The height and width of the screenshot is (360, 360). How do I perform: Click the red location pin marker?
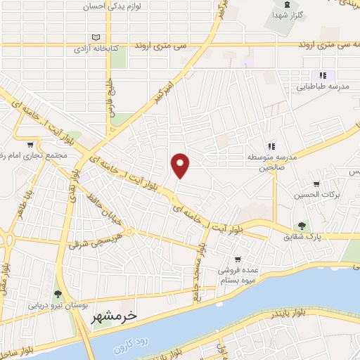(x=181, y=165)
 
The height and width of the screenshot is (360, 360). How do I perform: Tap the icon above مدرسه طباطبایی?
(x=323, y=75)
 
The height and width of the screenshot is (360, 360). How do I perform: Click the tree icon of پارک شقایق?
(x=302, y=226)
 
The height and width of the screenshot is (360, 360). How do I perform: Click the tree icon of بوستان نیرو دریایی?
(x=57, y=294)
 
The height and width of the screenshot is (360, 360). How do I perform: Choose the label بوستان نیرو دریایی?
(x=57, y=306)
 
